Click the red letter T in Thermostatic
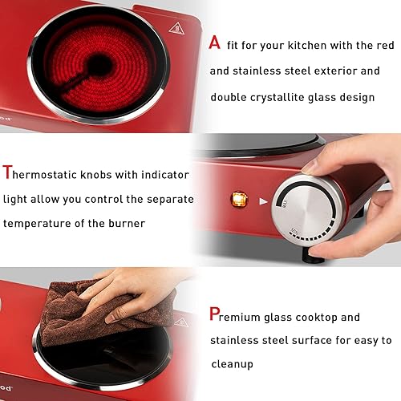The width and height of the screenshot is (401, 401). click(8, 172)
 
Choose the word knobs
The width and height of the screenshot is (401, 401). click(102, 174)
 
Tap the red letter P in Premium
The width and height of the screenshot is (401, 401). click(215, 314)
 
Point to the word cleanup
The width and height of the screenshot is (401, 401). click(233, 363)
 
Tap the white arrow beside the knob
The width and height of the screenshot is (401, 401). click(263, 201)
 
